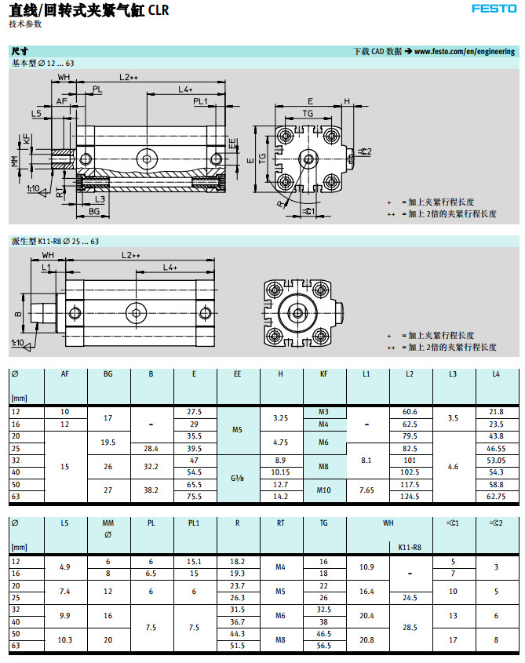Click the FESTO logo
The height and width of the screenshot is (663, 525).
point(494,9)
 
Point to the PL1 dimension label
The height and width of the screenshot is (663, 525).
point(201,101)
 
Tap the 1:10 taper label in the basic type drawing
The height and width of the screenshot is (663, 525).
point(33,189)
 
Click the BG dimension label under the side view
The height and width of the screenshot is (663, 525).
point(93,212)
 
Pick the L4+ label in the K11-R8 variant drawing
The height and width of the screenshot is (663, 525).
point(170,268)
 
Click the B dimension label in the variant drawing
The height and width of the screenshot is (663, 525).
point(17,314)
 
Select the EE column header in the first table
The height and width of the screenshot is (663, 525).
point(237,373)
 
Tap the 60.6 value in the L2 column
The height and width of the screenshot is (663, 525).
point(409,412)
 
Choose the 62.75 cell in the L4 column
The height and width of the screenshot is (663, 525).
point(495,497)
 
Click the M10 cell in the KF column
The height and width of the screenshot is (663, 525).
point(323,490)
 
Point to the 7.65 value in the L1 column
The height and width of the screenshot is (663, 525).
point(366,490)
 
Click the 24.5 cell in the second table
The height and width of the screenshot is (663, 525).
point(410,597)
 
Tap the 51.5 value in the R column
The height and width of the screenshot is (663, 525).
point(237,646)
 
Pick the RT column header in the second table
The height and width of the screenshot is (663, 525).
point(280,522)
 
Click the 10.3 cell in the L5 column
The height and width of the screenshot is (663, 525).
point(65,639)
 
